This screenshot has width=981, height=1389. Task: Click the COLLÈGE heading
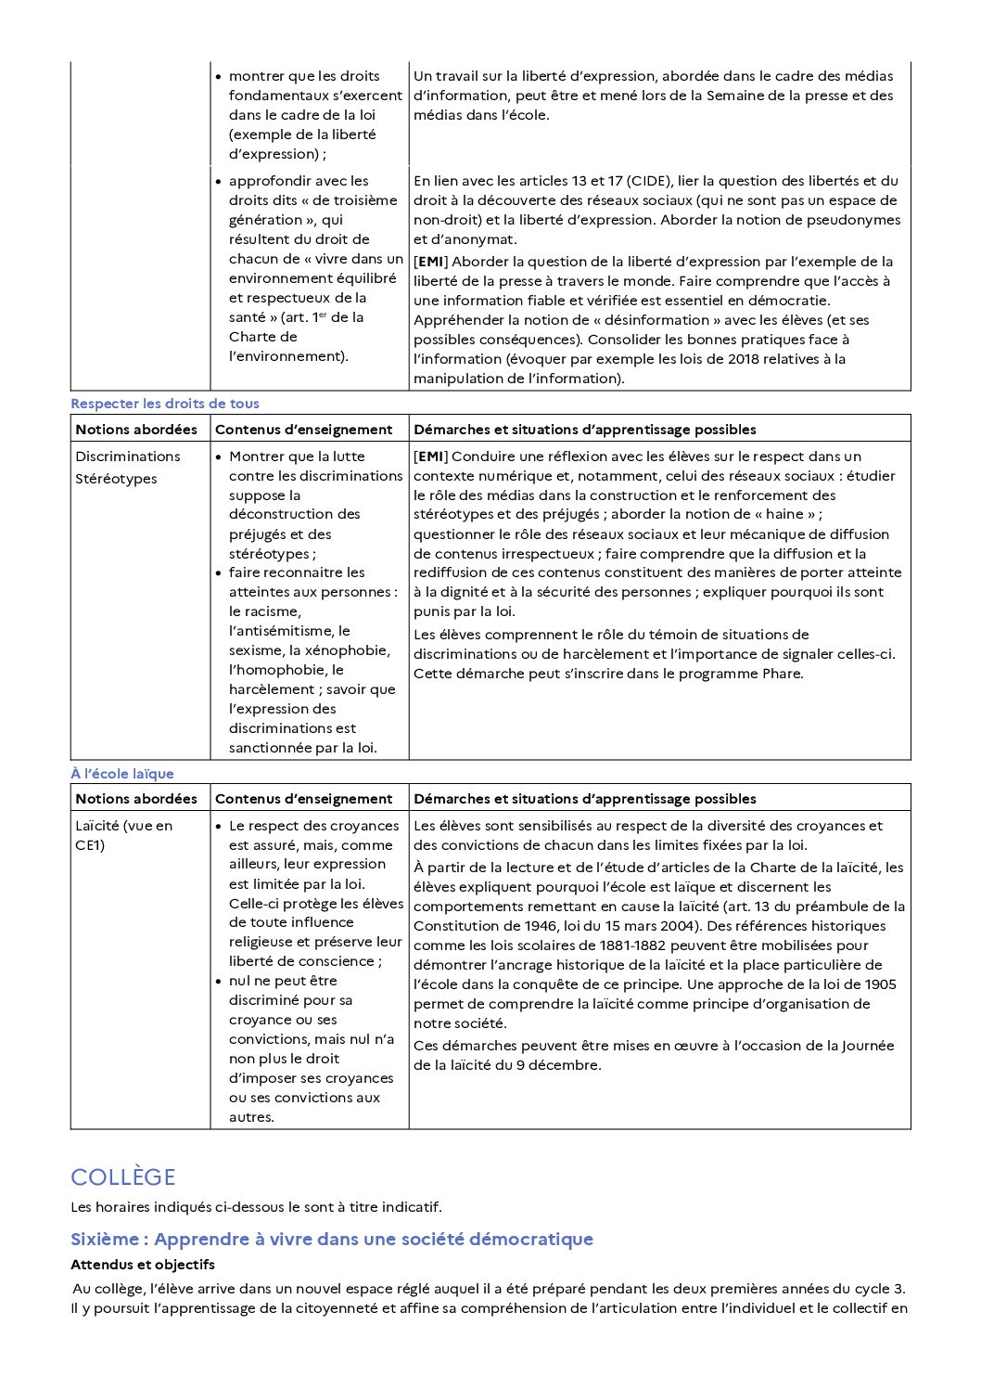pyautogui.click(x=122, y=1177)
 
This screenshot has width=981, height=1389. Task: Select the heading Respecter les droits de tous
pyautogui.click(x=164, y=404)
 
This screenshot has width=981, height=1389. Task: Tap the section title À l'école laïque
pyautogui.click(x=121, y=774)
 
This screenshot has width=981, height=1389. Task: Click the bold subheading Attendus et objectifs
pyautogui.click(x=142, y=1265)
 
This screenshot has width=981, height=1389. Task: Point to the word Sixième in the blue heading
pyautogui.click(x=107, y=1240)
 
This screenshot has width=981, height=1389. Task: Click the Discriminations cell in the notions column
pyautogui.click(x=127, y=457)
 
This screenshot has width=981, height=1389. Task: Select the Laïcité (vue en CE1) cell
pyautogui.click(x=123, y=835)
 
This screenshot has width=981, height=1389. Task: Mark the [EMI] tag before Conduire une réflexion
pyautogui.click(x=430, y=457)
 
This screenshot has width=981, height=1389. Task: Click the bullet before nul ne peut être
pyautogui.click(x=219, y=982)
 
